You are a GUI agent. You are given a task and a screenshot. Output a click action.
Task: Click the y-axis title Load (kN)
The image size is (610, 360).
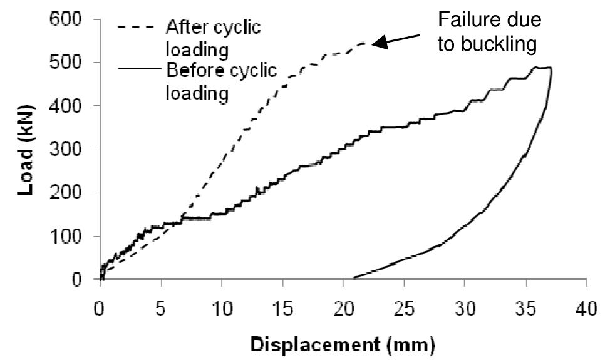point(25,150)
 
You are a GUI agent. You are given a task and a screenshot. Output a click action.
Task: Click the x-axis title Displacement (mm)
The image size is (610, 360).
point(343,344)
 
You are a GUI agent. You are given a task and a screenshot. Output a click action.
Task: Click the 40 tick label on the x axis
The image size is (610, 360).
point(586,309)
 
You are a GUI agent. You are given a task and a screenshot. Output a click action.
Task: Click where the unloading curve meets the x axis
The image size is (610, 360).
point(354,278)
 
